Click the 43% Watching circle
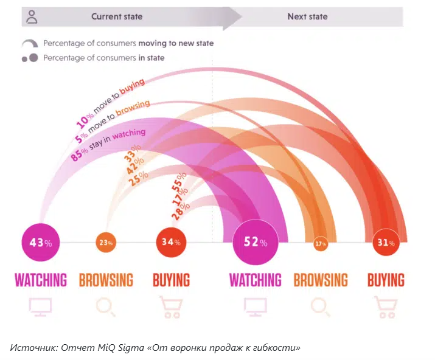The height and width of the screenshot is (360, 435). [x=41, y=242]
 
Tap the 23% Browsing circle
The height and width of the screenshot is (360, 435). [x=106, y=242]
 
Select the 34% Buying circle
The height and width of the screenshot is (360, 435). [x=171, y=242]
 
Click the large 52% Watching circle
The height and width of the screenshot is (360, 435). [x=256, y=243]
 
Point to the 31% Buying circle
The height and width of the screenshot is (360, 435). [x=386, y=243]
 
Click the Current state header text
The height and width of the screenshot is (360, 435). [x=117, y=16]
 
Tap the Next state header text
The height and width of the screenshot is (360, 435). [x=307, y=16]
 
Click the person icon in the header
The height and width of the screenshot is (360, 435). [x=32, y=16]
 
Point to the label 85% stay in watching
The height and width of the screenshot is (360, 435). [x=108, y=144]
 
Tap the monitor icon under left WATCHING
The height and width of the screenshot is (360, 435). [x=41, y=306]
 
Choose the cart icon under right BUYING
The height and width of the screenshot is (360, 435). [x=386, y=307]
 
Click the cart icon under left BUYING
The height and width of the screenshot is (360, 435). [x=170, y=307]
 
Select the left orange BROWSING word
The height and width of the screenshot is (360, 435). [x=106, y=280]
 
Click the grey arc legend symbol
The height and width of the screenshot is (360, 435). [x=30, y=44]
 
